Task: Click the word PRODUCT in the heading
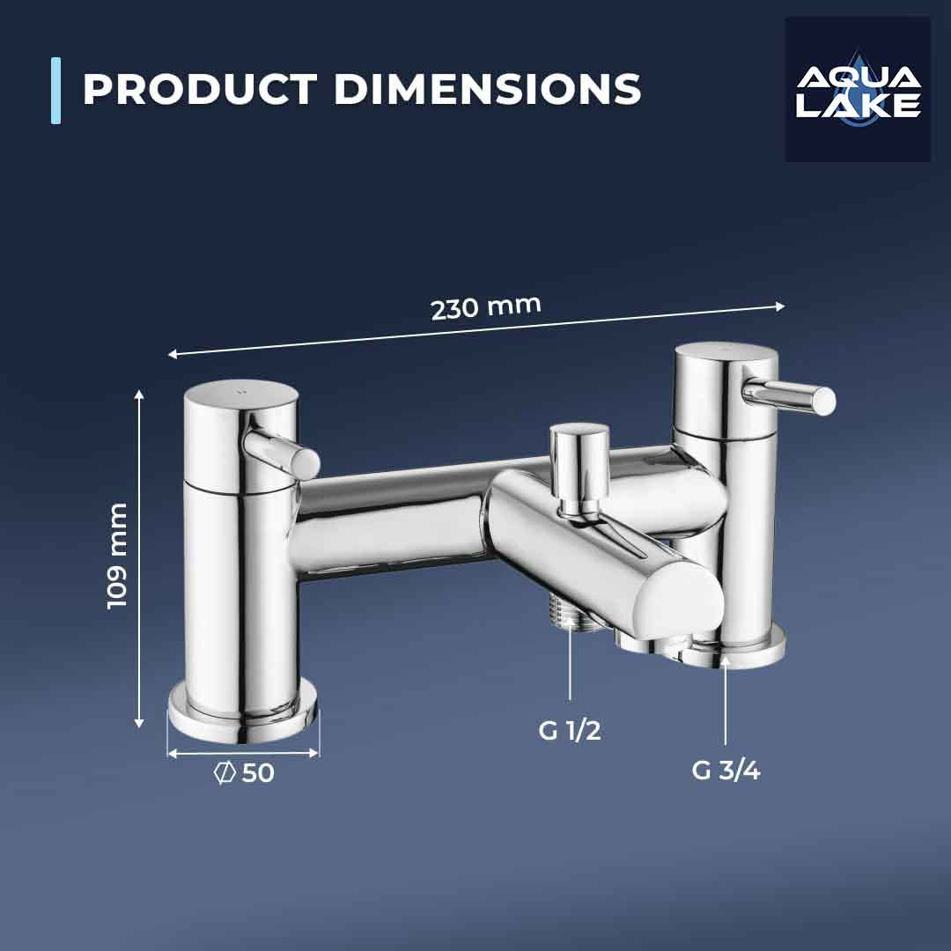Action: pyautogui.click(x=199, y=90)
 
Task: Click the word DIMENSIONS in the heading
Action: pyautogui.click(x=487, y=90)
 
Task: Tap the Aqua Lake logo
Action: pyautogui.click(x=858, y=89)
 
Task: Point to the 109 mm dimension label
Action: pyautogui.click(x=117, y=556)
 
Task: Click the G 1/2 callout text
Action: pyautogui.click(x=570, y=730)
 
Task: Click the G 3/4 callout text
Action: pyautogui.click(x=726, y=770)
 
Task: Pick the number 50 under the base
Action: pyautogui.click(x=258, y=773)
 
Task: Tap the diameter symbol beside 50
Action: pyautogui.click(x=225, y=773)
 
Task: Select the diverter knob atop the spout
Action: pyautogui.click(x=579, y=449)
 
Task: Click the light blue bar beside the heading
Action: pyautogui.click(x=56, y=90)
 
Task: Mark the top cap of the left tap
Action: pyautogui.click(x=240, y=394)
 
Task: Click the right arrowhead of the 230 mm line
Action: pyautogui.click(x=779, y=306)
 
